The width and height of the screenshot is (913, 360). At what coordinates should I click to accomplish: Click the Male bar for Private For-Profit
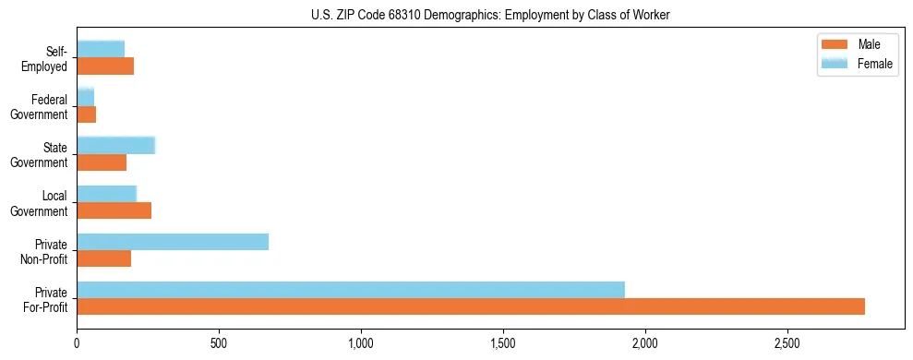pyautogui.click(x=471, y=306)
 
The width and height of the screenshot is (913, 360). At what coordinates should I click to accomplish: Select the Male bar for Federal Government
pyautogui.click(x=87, y=114)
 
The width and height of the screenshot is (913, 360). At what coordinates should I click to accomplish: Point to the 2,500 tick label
pyautogui.click(x=787, y=343)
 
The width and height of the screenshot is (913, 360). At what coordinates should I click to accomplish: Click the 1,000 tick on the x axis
pyautogui.click(x=361, y=343)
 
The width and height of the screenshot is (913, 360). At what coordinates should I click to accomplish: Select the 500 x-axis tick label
pyautogui.click(x=219, y=343)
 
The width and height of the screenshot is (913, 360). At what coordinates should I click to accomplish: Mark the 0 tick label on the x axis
pyautogui.click(x=78, y=343)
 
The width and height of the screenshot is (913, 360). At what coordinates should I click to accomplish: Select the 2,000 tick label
pyautogui.click(x=645, y=343)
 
